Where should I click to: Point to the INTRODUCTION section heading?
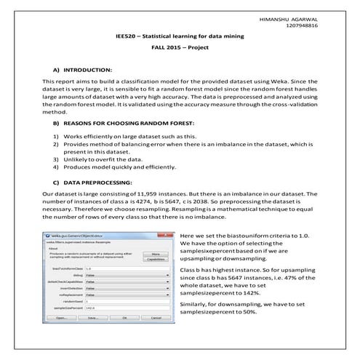(x=87, y=68)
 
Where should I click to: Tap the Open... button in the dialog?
(x=62, y=318)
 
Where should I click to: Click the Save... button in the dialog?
(x=93, y=318)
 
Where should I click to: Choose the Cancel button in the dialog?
(x=155, y=318)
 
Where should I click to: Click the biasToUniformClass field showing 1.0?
(x=127, y=269)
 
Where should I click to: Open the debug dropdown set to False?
(x=127, y=276)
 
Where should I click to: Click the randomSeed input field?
(x=127, y=302)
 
